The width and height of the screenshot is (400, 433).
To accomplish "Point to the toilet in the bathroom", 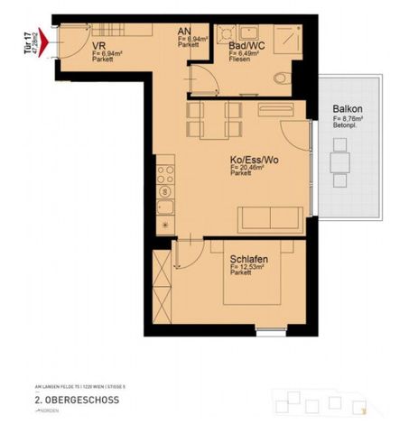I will [x=281, y=78].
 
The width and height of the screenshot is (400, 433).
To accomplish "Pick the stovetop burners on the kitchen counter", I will [x=164, y=180].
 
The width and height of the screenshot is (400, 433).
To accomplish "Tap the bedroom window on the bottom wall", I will [x=270, y=332].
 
